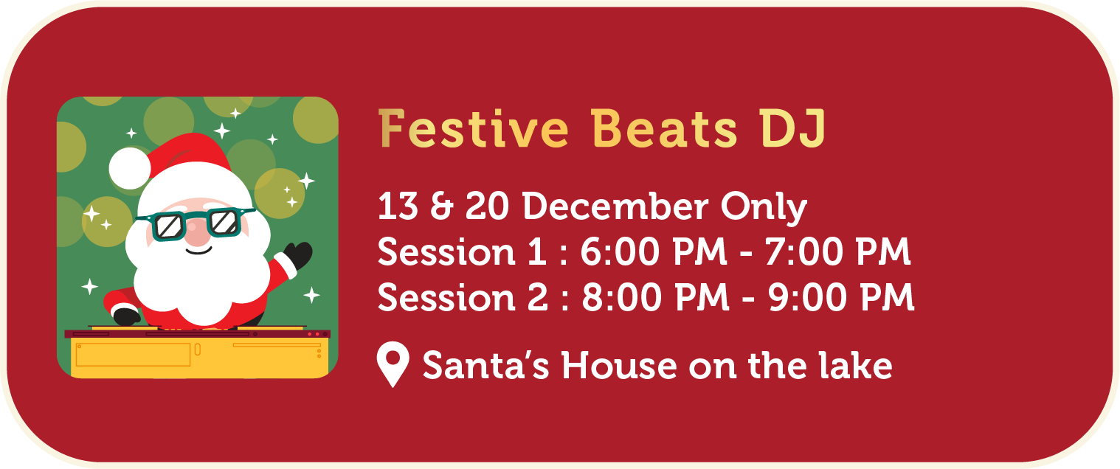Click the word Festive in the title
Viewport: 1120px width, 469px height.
pyautogui.click(x=474, y=128)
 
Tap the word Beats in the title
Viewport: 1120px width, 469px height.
pyautogui.click(x=664, y=128)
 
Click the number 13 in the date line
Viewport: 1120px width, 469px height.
pyautogui.click(x=398, y=206)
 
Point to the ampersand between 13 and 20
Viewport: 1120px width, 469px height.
pyautogui.click(x=441, y=206)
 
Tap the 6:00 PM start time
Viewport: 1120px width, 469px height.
pyautogui.click(x=654, y=251)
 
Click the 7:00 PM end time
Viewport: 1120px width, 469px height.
pyautogui.click(x=837, y=251)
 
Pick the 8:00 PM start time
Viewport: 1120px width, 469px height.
pyautogui.click(x=655, y=297)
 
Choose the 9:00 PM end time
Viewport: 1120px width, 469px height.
pyautogui.click(x=841, y=297)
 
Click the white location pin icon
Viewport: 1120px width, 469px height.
pyautogui.click(x=393, y=364)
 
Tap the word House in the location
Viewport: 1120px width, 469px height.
pyautogui.click(x=619, y=366)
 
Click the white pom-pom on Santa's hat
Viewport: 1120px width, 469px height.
pyautogui.click(x=130, y=168)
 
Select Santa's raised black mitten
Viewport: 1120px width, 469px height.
pyautogui.click(x=299, y=255)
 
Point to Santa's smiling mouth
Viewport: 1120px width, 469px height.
pyautogui.click(x=198, y=250)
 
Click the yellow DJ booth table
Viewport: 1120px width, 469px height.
pyautogui.click(x=200, y=355)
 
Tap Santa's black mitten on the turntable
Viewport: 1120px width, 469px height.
pyautogui.click(x=126, y=316)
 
